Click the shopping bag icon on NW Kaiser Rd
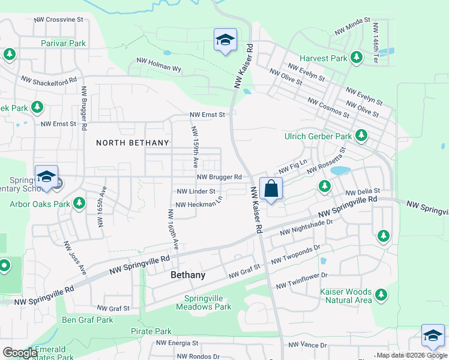point(271,188)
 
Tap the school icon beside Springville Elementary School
point(46,177)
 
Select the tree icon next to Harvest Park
point(357,58)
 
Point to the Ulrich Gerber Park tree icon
point(361,136)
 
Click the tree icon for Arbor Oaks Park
point(79,204)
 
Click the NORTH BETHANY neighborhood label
point(133,143)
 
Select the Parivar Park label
point(64,44)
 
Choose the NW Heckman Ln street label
point(199,203)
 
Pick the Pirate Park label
point(151,331)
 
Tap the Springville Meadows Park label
point(203,302)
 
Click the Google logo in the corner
point(20,353)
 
